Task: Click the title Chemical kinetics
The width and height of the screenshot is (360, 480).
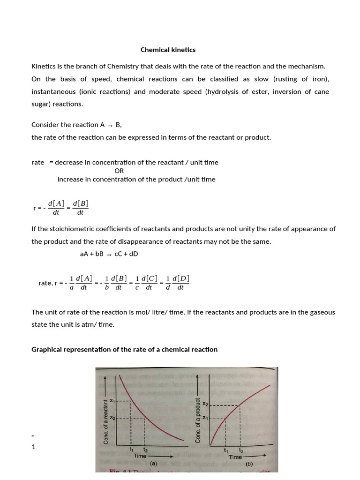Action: [x=168, y=50]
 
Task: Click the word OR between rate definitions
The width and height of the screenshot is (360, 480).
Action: [x=119, y=171]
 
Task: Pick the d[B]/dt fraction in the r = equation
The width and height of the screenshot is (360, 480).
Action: [x=80, y=207]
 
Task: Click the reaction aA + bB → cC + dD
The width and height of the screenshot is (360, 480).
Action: [x=109, y=254]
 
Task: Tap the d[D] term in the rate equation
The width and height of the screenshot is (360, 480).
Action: [x=181, y=278]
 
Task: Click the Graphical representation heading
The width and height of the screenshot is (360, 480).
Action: [x=124, y=349]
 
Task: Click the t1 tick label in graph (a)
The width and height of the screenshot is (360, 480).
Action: [x=131, y=450]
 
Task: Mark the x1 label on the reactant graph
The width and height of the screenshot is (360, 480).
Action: [x=112, y=400]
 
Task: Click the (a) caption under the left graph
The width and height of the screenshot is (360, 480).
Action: [x=153, y=463]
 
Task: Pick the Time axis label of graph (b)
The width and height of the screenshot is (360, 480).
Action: [x=235, y=457]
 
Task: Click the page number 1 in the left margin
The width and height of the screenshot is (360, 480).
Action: [x=33, y=447]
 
